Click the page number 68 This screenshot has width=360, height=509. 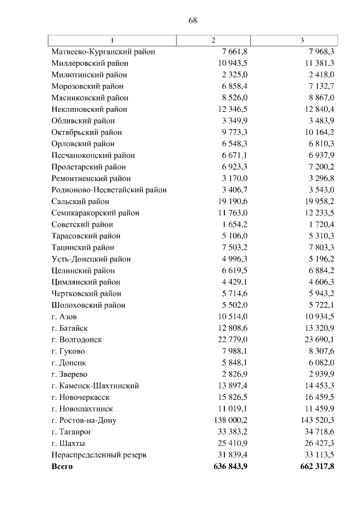(x=192, y=20)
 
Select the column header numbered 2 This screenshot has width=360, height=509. (x=213, y=40)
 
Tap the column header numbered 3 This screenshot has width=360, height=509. (x=302, y=40)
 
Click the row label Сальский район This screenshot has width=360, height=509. (x=80, y=201)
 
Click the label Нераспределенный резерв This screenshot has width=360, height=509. (x=98, y=455)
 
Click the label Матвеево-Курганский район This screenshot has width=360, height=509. (x=103, y=52)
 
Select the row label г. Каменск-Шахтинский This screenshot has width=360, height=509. (x=94, y=386)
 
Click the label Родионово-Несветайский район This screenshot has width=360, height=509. (x=109, y=190)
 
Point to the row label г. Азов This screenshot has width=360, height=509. (x=64, y=317)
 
